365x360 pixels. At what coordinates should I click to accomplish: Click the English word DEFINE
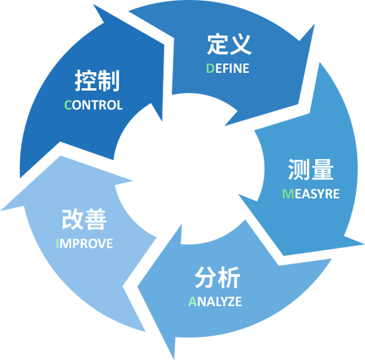click(228, 68)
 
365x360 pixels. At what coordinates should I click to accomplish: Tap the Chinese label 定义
click(230, 44)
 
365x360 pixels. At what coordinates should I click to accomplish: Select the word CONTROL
click(94, 105)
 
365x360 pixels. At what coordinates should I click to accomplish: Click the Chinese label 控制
click(97, 80)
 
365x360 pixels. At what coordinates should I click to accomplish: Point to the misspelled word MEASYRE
click(311, 194)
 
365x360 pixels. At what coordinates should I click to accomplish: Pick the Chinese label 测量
click(311, 170)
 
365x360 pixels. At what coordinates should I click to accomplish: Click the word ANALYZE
click(215, 302)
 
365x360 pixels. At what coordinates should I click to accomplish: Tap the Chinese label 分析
click(217, 277)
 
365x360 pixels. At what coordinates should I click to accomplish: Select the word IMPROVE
click(84, 243)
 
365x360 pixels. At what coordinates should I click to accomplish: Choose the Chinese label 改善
click(84, 219)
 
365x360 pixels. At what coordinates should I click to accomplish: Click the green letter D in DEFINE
click(210, 68)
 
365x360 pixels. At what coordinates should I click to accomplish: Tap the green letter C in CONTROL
click(68, 105)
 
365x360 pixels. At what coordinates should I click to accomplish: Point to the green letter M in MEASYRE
click(288, 194)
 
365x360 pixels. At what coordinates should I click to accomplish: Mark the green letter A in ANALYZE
click(192, 302)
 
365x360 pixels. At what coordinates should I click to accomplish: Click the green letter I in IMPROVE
click(57, 243)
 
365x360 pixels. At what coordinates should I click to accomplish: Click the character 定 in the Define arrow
click(218, 44)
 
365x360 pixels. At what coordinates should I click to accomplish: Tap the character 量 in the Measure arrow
click(323, 170)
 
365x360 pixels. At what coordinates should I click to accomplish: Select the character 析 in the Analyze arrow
click(229, 277)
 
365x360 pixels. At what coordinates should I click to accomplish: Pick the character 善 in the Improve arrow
click(96, 219)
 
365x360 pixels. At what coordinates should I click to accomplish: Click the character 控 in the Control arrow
click(86, 80)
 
